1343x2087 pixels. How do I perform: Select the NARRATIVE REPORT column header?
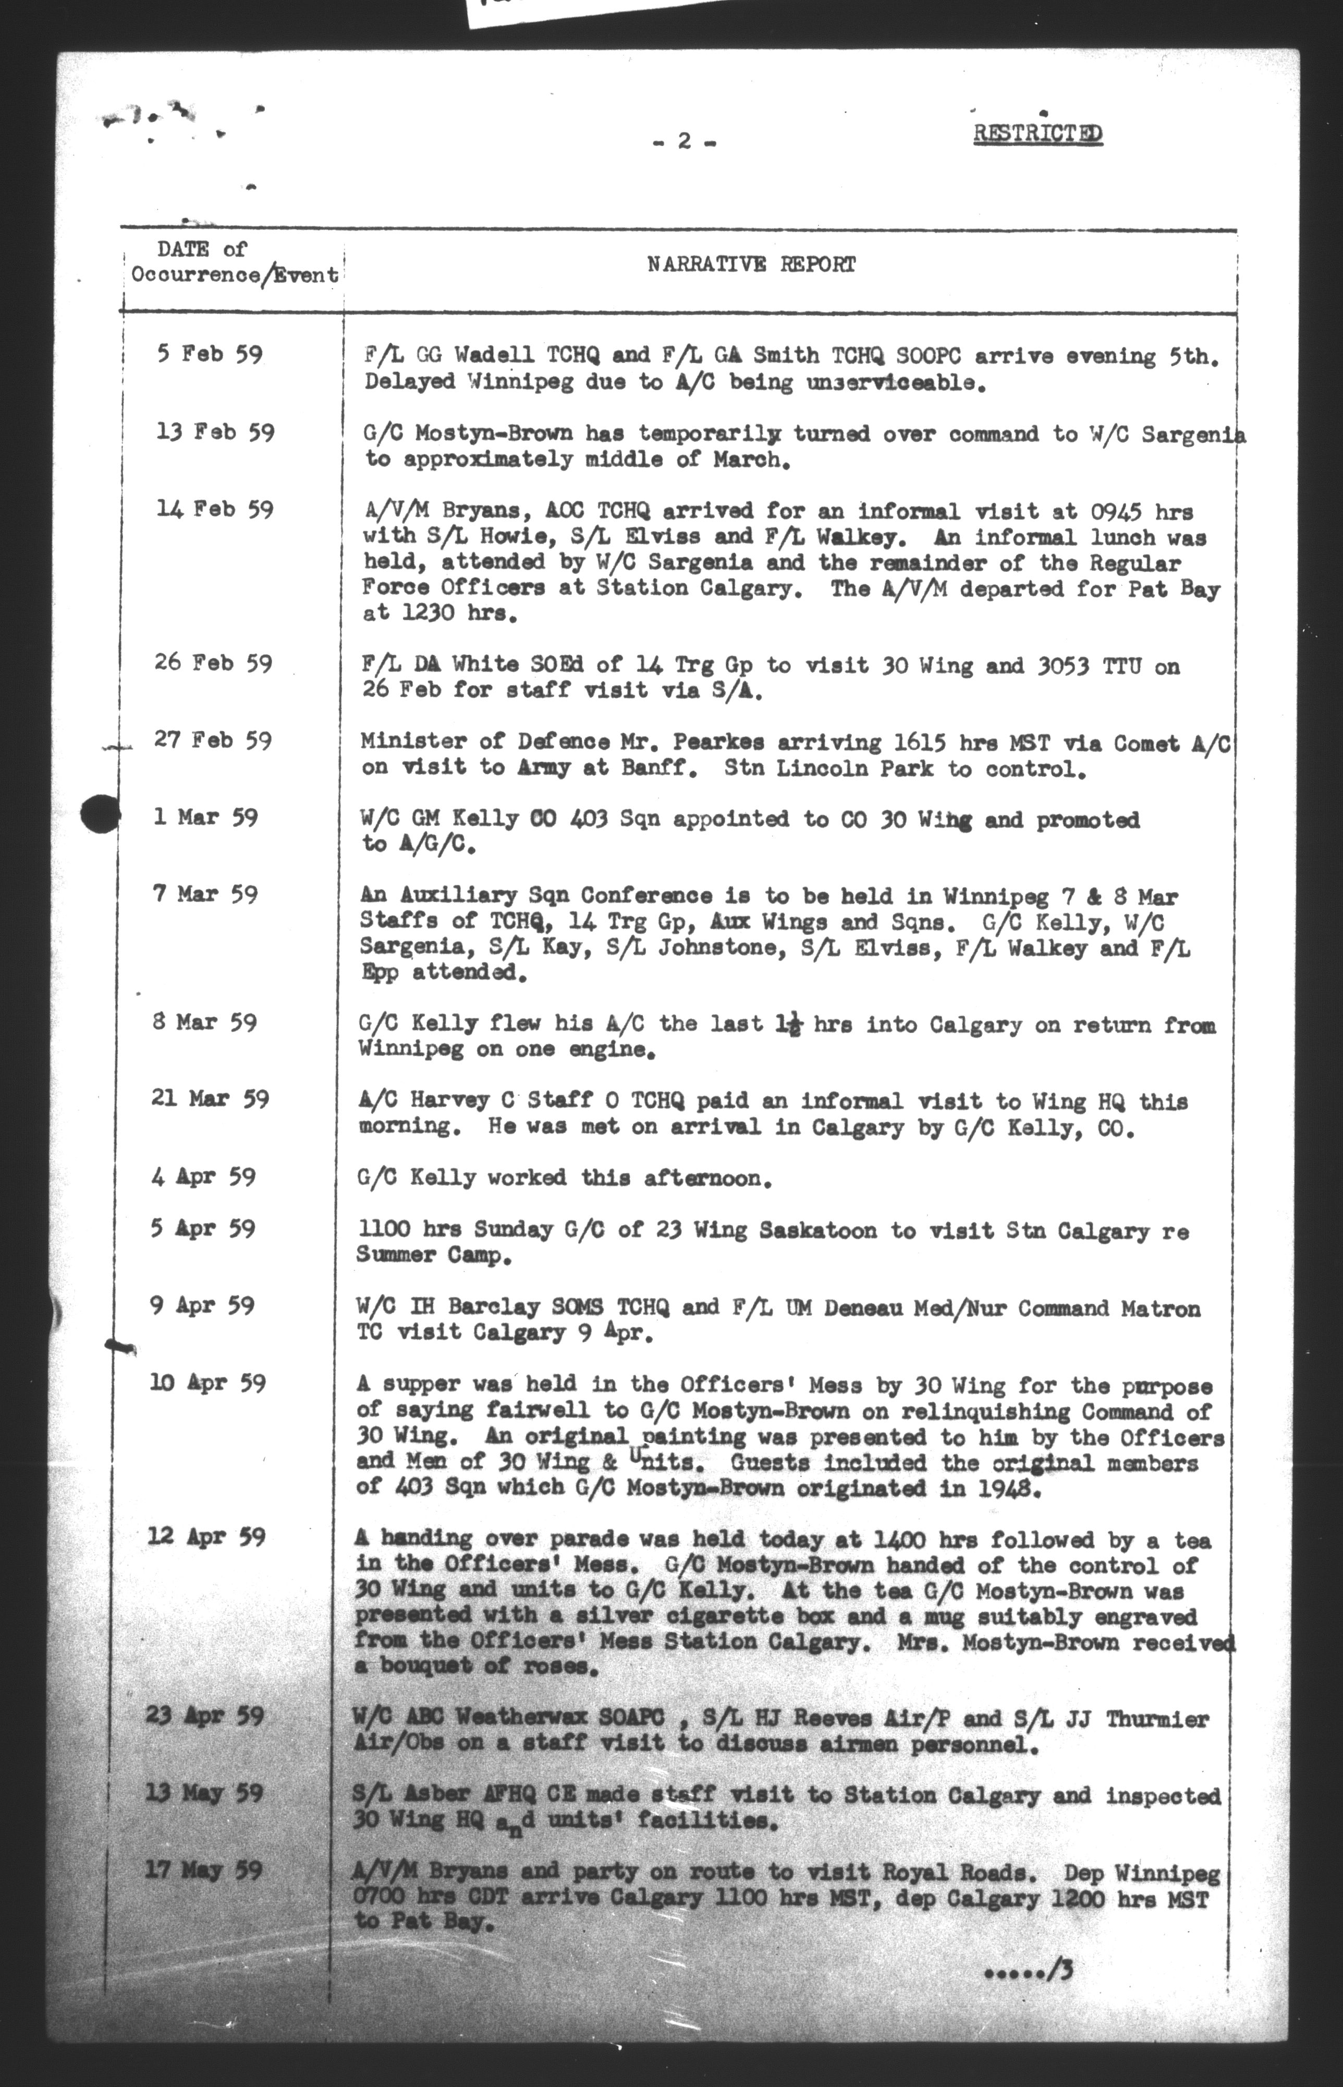751,265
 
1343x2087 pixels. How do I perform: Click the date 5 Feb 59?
209,355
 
